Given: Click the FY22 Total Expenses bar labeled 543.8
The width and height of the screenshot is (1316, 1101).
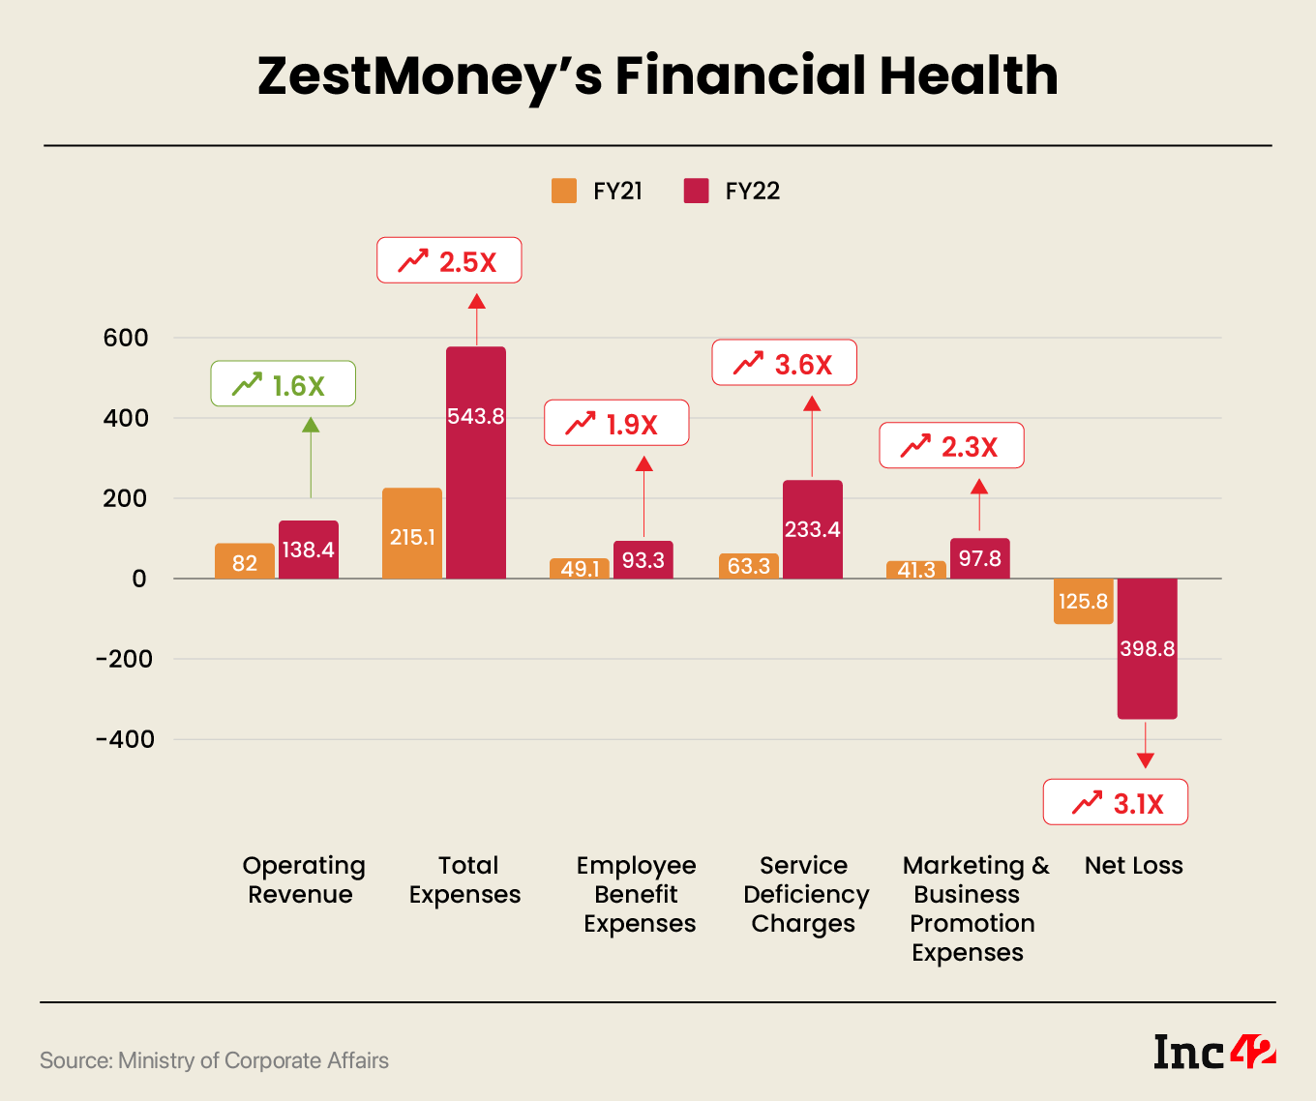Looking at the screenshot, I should [476, 462].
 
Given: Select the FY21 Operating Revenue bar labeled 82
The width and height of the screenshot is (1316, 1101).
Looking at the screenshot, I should [245, 561].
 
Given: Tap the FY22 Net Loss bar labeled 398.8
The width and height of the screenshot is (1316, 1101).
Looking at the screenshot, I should [1147, 648].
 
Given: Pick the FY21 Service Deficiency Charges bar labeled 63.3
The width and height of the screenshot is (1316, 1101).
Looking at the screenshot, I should [749, 566].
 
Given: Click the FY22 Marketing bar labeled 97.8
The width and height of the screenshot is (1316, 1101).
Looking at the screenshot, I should [979, 558].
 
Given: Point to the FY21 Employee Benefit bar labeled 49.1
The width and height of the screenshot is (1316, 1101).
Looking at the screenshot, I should [580, 569].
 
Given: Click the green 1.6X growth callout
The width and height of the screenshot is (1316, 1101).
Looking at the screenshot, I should [284, 384].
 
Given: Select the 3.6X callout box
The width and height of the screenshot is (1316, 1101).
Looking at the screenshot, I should [785, 363].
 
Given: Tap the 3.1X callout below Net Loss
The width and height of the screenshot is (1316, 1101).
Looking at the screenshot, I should [1116, 802].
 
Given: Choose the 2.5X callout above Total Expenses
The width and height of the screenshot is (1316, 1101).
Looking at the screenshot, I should [449, 260].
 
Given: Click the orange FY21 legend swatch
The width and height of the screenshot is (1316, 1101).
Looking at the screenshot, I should [564, 191].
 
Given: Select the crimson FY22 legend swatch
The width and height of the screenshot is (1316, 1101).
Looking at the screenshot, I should [696, 191].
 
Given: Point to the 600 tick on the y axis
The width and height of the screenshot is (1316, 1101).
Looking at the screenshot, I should [126, 338].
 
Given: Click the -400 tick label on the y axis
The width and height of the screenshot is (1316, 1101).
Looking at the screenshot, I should [125, 739].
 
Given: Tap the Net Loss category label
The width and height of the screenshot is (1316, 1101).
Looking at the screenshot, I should [1133, 865].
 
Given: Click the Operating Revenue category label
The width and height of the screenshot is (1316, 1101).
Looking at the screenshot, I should [303, 879].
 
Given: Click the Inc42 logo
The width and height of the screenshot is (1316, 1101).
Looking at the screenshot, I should [1214, 1052].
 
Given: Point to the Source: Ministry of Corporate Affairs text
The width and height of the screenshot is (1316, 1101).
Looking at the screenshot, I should [214, 1060].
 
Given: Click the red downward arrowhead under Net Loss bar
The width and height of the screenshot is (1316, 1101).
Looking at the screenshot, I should [1146, 760].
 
